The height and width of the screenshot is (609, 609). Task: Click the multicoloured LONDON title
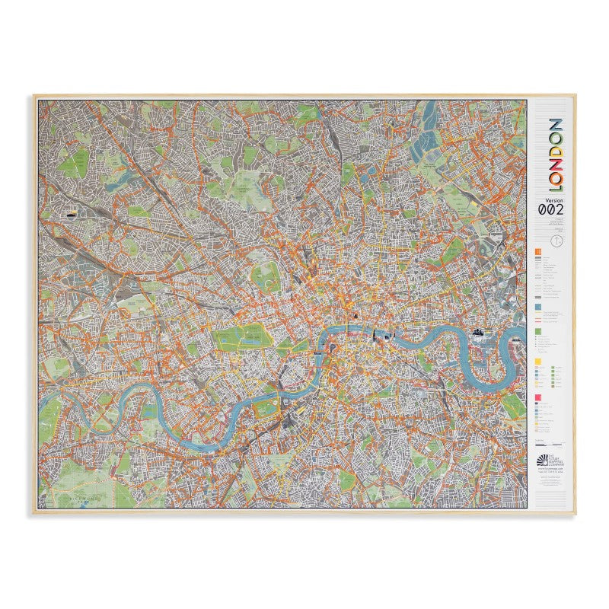(556, 155)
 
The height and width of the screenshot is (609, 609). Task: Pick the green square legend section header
(538, 331)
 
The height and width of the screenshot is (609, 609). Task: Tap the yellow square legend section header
(538, 362)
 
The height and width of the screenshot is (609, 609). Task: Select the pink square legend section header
(538, 397)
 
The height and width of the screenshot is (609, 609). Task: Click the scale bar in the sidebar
(548, 444)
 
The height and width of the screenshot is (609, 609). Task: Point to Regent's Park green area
(266, 276)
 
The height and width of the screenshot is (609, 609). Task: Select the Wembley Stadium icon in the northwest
(73, 215)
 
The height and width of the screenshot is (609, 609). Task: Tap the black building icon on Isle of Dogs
(479, 331)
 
